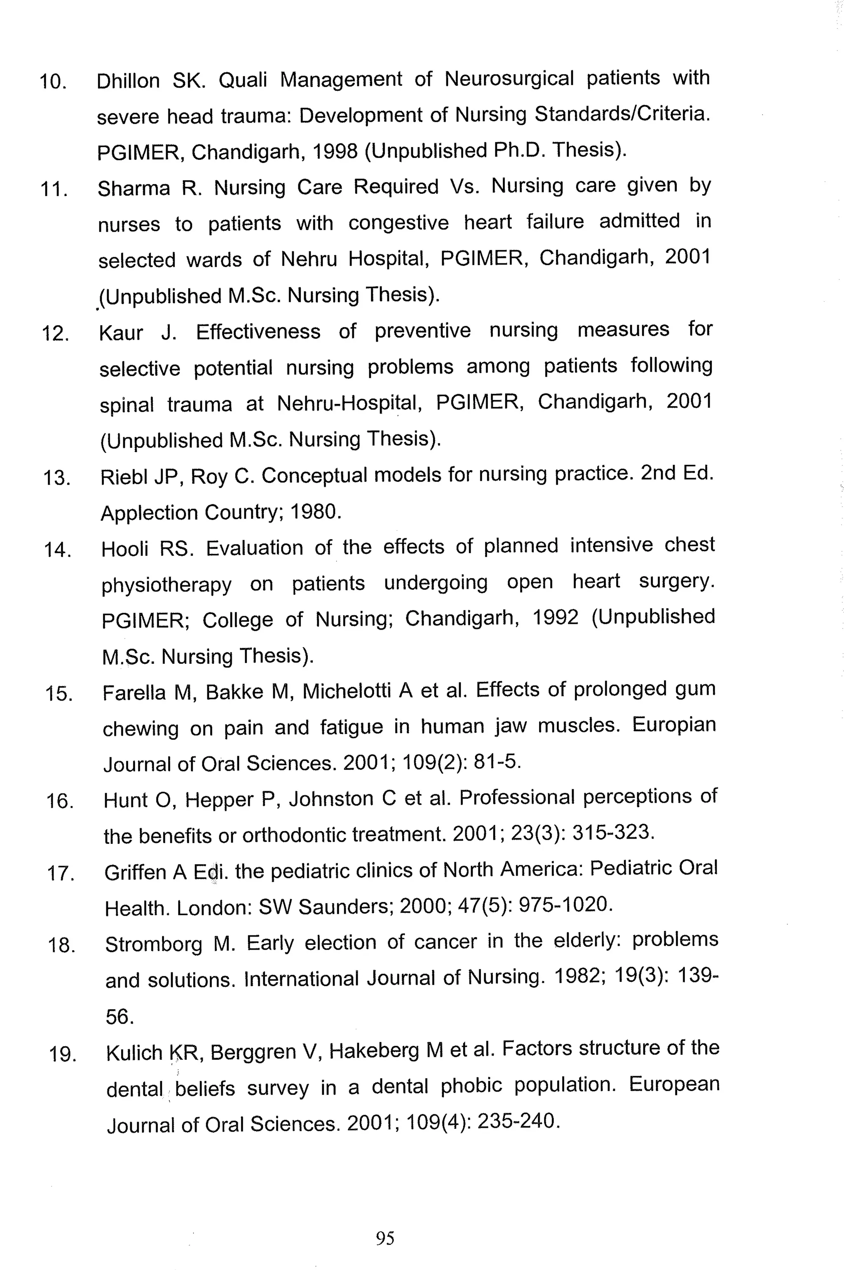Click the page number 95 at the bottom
pos(385,1238)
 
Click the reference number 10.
pos(53,82)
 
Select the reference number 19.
pos(63,1054)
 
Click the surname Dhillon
pos(128,81)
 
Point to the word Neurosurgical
pos(509,79)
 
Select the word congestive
pos(399,222)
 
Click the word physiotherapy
pos(166,585)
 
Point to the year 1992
pos(556,617)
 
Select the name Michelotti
pos(347,691)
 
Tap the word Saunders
pos(343,907)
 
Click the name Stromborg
pos(153,944)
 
